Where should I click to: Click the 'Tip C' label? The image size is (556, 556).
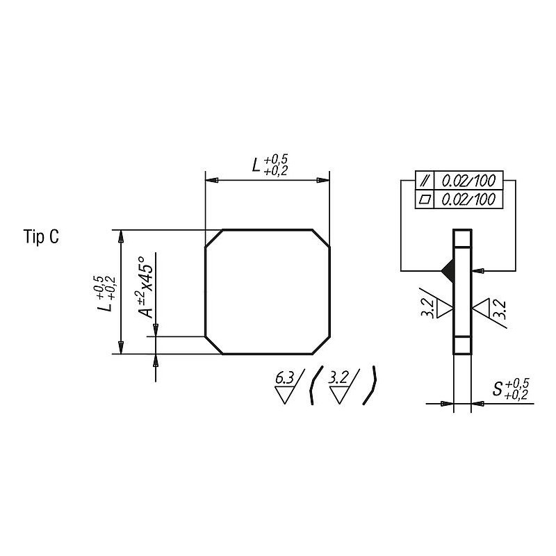[x=41, y=236]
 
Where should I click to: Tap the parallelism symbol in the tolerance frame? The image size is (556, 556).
[x=425, y=181]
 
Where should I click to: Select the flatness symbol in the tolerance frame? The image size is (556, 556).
[x=425, y=199]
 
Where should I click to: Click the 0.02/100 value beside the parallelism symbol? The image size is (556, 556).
[x=468, y=181]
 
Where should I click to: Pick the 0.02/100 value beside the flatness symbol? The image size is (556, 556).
[x=468, y=199]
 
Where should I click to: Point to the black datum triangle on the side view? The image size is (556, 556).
[x=448, y=271]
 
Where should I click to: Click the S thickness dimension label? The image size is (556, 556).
[x=511, y=389]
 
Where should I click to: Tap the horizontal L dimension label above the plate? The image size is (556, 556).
[x=270, y=165]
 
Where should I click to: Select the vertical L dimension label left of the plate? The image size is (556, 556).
[x=106, y=293]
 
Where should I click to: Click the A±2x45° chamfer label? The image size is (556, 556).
[x=145, y=287]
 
